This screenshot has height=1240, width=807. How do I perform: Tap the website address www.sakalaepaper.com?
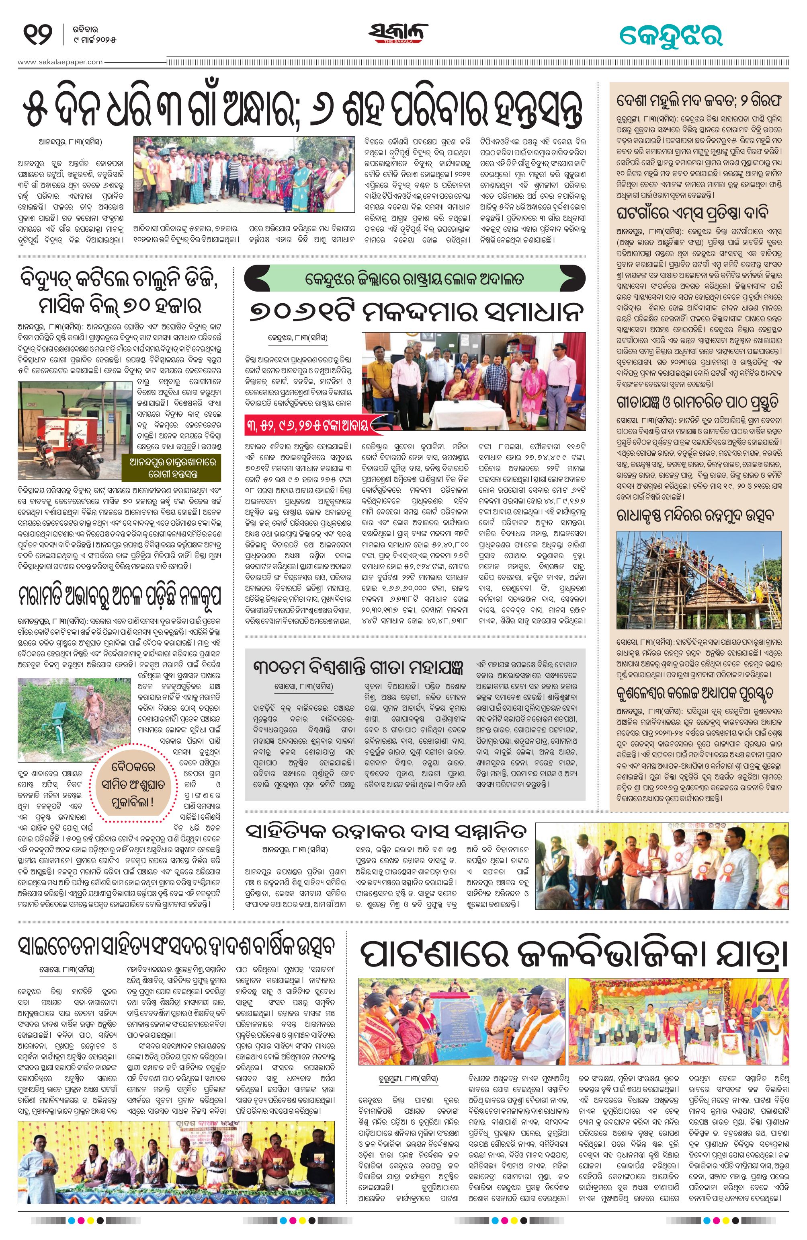pyautogui.click(x=60, y=62)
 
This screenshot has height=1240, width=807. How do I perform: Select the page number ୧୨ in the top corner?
pyautogui.click(x=37, y=35)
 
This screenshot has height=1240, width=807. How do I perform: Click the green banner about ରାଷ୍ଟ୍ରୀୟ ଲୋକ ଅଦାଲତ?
pyautogui.click(x=415, y=279)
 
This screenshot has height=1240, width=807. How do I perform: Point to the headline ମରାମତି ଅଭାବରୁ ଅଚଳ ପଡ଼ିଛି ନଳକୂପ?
pyautogui.click(x=120, y=594)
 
